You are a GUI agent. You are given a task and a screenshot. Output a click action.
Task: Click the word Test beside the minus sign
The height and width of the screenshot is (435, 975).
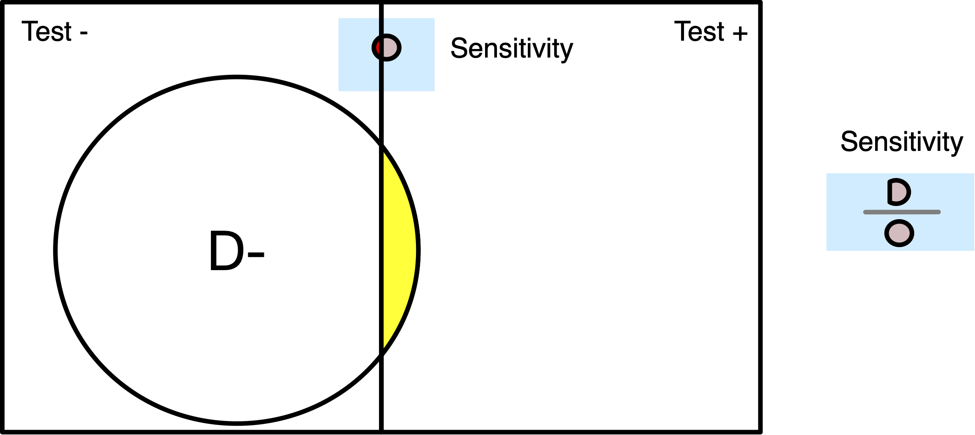pyautogui.click(x=46, y=32)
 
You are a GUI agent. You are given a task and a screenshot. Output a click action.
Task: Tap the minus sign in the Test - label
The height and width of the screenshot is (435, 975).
pyautogui.click(x=84, y=33)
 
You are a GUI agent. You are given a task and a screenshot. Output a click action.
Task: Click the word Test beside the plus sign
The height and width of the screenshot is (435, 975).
pyautogui.click(x=699, y=32)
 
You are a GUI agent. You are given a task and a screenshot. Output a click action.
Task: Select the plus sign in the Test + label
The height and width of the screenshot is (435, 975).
pyautogui.click(x=740, y=33)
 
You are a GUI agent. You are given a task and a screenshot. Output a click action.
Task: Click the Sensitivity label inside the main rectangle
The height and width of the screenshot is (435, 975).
pyautogui.click(x=511, y=49)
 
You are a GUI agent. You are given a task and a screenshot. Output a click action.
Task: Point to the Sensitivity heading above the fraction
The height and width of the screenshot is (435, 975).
pyautogui.click(x=902, y=142)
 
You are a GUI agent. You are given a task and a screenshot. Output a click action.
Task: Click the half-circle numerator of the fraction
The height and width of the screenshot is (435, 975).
pyautogui.click(x=899, y=192)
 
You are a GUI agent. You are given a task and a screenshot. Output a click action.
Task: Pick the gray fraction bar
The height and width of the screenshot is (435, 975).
pyautogui.click(x=902, y=212)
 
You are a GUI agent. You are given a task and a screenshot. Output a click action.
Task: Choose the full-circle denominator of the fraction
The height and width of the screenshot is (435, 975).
pyautogui.click(x=899, y=233)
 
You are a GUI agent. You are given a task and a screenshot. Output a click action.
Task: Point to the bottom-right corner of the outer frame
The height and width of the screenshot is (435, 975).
pyautogui.click(x=760, y=432)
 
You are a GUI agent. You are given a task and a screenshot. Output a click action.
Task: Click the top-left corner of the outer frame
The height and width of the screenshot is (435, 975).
pyautogui.click(x=3, y=3)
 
